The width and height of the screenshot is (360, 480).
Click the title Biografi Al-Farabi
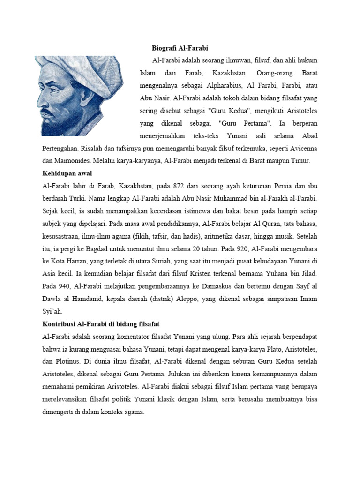[x=180, y=48]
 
